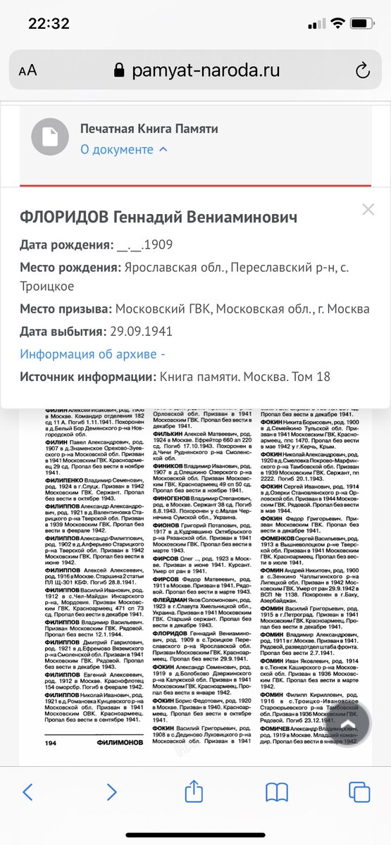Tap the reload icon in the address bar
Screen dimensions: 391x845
pyautogui.click(x=363, y=70)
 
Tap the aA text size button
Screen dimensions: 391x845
pyautogui.click(x=27, y=70)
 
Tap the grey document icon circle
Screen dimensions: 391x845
pyautogui.click(x=49, y=138)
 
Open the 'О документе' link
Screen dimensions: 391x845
pyautogui.click(x=123, y=149)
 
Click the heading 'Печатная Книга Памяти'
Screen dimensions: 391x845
pyautogui.click(x=149, y=129)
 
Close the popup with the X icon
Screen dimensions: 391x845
pyautogui.click(x=368, y=209)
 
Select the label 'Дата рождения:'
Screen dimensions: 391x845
pyautogui.click(x=66, y=246)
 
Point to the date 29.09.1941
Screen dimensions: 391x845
pyautogui.click(x=144, y=332)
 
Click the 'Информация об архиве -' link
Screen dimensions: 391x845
pyautogui.click(x=92, y=354)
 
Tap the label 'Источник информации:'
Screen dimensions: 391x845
pyautogui.click(x=88, y=377)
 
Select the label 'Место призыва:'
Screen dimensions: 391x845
pyautogui.click(x=66, y=309)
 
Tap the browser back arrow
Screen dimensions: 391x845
pyautogui.click(x=27, y=792)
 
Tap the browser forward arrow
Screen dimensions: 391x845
pyautogui.click(x=111, y=792)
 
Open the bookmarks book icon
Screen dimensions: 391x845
pyautogui.click(x=277, y=792)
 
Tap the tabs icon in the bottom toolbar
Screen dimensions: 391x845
pyautogui.click(x=359, y=792)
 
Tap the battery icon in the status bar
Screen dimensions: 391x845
pyautogui.click(x=363, y=24)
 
